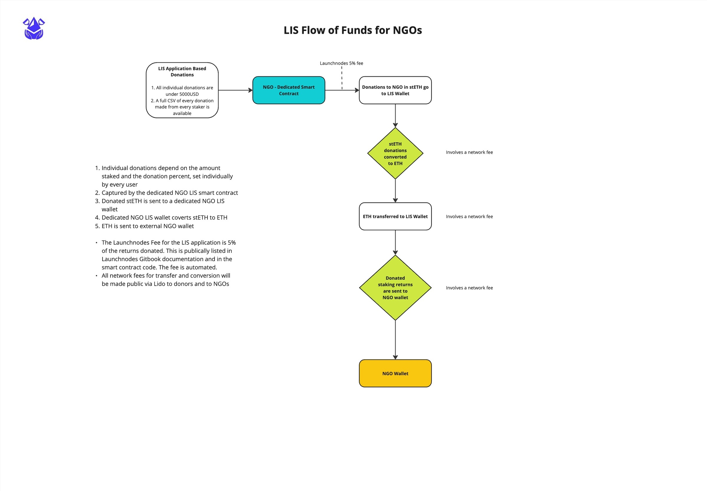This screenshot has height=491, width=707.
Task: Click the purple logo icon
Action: pos(34,28)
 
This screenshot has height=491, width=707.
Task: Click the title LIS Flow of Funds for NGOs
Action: pos(353,30)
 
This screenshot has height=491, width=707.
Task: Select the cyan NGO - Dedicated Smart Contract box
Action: pos(288,90)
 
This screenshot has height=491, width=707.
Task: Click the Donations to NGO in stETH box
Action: pos(395,90)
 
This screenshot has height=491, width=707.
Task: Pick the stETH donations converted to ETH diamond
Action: pos(395,153)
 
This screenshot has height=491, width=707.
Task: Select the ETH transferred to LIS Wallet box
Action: pos(395,216)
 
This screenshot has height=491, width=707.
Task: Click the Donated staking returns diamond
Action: pos(395,288)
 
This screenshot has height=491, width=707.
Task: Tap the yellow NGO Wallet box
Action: pos(395,373)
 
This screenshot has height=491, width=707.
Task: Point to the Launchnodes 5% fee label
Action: pos(341,63)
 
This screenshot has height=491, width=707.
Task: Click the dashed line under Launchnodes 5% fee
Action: pos(342,79)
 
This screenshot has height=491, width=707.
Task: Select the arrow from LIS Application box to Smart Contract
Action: pos(235,90)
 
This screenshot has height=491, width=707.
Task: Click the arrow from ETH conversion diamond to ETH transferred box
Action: pos(395,191)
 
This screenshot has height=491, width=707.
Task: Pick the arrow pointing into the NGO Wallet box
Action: pos(395,340)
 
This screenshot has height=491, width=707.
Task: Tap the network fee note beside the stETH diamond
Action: pos(469,152)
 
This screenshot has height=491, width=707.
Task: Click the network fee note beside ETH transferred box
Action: pos(469,217)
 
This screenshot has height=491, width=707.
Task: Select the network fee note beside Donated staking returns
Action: pos(469,288)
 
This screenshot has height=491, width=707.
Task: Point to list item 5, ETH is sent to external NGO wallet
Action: pos(147,226)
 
